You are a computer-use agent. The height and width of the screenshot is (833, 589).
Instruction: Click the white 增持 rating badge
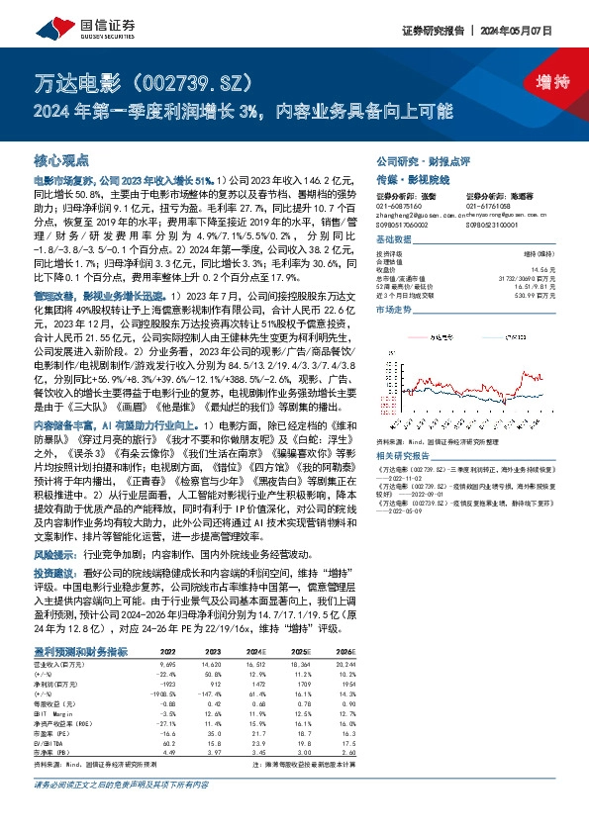pos(539,80)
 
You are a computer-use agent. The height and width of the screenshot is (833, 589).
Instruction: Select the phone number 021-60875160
pos(400,207)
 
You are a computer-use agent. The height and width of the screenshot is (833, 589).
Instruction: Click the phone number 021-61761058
pos(490,207)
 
